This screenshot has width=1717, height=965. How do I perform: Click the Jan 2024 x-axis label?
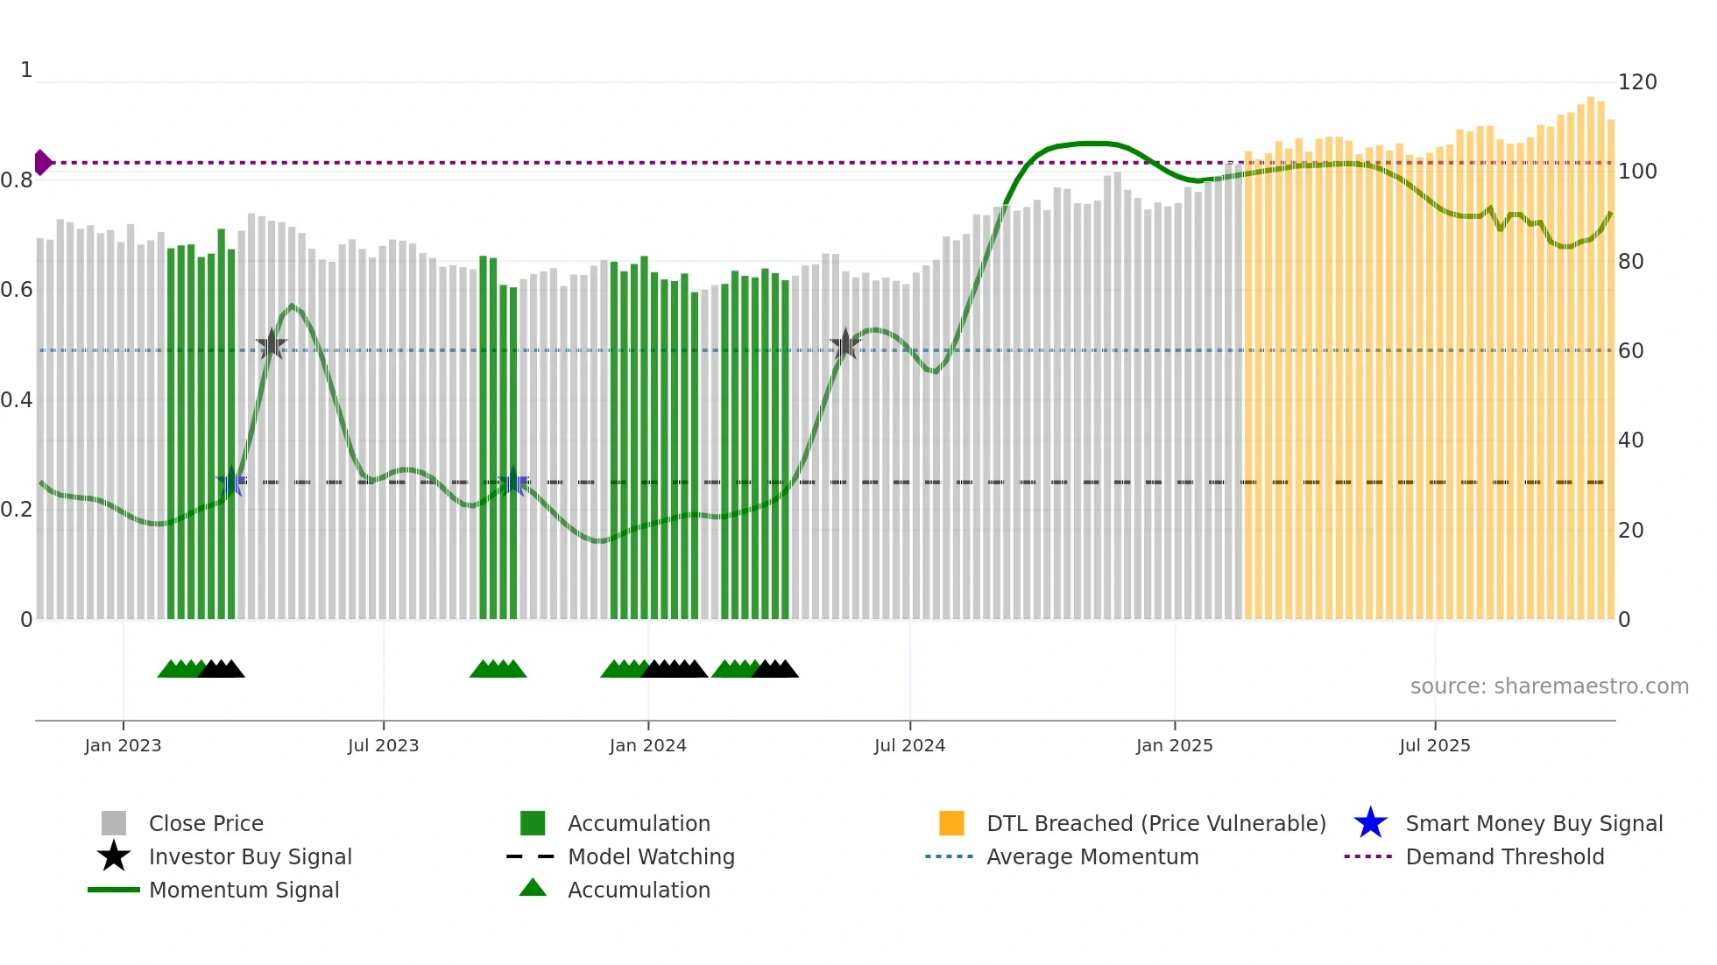[647, 745]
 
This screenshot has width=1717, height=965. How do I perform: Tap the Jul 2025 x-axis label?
[1434, 745]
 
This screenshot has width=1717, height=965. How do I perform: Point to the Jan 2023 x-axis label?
[123, 745]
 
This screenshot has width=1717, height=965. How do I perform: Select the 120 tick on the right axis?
[1636, 82]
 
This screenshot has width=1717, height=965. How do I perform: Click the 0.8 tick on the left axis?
[17, 180]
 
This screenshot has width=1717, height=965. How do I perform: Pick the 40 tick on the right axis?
[1630, 440]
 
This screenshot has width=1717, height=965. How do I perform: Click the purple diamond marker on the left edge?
[42, 162]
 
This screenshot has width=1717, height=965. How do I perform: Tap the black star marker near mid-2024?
[844, 344]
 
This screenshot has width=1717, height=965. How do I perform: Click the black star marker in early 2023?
[272, 344]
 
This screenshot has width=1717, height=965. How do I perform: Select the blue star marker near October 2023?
[513, 482]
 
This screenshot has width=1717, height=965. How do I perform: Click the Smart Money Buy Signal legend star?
[1370, 823]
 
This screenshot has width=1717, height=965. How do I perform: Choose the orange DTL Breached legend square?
[950, 823]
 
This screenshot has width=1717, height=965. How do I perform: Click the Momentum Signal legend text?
[244, 890]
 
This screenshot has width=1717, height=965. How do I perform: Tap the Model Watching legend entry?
[650, 856]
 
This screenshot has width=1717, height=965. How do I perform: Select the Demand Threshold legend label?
[1504, 856]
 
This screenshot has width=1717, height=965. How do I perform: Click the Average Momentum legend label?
[1092, 856]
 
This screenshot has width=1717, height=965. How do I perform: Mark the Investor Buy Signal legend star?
[114, 856]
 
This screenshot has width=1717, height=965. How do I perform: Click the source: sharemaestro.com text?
[1549, 687]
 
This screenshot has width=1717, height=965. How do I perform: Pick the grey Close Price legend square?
[114, 823]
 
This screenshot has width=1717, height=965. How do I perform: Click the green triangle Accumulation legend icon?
[533, 889]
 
